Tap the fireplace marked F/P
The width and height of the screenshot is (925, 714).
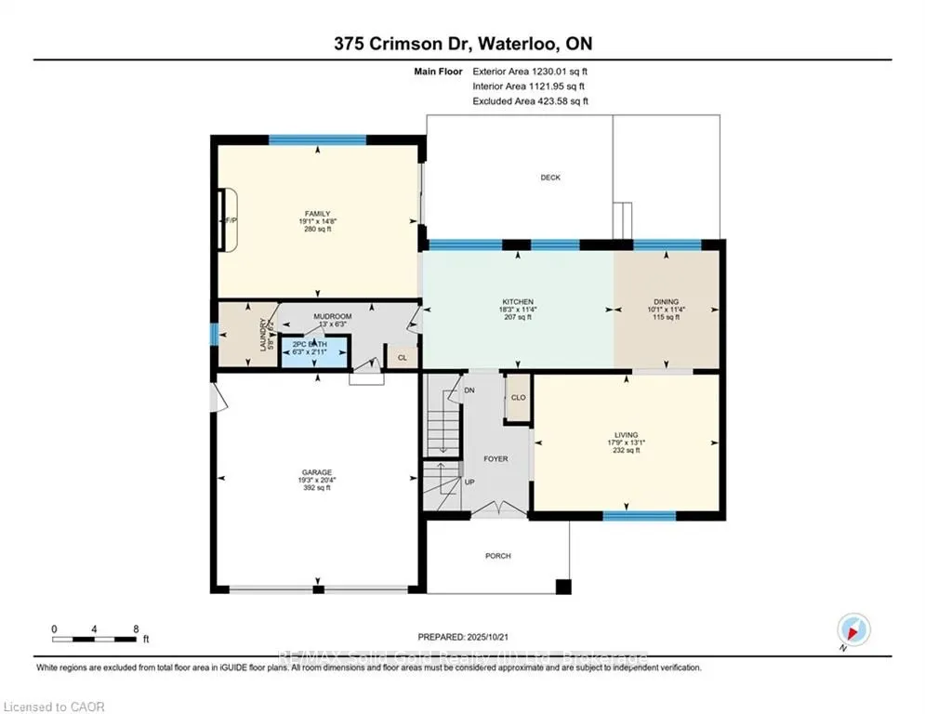(224, 220)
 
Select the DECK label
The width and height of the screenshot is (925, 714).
(550, 178)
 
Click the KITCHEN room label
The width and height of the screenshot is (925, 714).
(517, 302)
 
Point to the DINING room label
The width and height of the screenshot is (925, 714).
(666, 302)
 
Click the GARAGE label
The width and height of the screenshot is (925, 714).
(315, 472)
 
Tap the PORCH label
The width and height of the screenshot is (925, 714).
(497, 556)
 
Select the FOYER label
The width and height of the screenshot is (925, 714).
(495, 458)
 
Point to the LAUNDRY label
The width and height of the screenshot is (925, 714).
(264, 335)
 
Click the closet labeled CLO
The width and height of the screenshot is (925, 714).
(518, 397)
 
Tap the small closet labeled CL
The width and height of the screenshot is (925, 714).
(402, 357)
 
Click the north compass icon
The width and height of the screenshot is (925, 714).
(852, 629)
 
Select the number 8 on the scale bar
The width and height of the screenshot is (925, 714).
(136, 628)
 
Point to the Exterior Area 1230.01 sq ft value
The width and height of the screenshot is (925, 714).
(530, 71)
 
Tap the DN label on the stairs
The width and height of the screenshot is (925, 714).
(470, 390)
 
